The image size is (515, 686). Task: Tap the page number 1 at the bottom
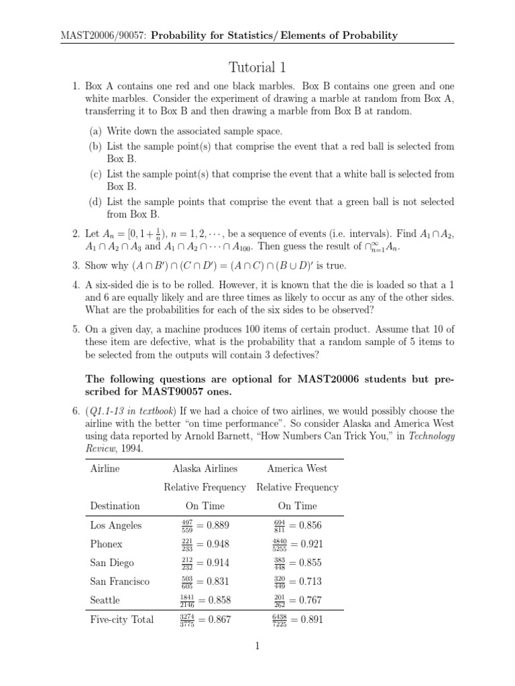pos(257,646)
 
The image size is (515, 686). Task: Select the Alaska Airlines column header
pos(205,468)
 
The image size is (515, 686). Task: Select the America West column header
pos(297,468)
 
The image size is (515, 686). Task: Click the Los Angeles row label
pos(115,525)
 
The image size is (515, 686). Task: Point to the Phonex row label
pos(107,544)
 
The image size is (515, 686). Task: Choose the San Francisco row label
pos(120,581)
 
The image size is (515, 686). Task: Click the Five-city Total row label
pos(122,620)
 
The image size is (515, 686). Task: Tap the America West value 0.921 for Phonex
pos(310,544)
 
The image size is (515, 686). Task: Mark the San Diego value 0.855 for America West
pos(310,563)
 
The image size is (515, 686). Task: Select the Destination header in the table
pos(115,506)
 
